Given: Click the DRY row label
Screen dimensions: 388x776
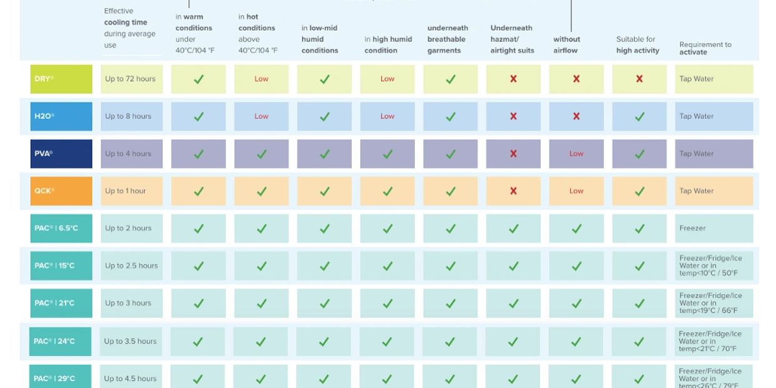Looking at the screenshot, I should (61, 79).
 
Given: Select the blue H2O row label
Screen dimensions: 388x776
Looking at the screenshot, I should (61, 116).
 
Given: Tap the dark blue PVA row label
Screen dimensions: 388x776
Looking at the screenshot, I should (61, 154).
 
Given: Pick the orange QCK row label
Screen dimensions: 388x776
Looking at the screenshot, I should (61, 191).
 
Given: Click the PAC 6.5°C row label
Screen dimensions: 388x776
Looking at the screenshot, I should (61, 228).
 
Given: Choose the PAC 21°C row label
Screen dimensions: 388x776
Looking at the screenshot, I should (61, 303).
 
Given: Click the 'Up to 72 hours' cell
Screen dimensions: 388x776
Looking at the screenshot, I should (131, 79).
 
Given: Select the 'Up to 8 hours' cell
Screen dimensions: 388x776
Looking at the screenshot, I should (131, 116).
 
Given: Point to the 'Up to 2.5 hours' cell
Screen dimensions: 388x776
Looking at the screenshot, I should (131, 265).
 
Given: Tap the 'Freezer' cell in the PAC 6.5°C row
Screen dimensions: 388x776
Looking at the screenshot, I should (713, 228).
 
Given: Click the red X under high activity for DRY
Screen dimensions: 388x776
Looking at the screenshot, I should (639, 79).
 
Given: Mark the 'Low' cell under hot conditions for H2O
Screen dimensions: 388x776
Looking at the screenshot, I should (262, 116).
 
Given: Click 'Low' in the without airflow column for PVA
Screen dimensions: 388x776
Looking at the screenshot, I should (576, 154).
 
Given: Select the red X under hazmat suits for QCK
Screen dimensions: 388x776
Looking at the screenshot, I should (513, 191).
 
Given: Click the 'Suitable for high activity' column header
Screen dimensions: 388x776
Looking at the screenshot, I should (638, 45).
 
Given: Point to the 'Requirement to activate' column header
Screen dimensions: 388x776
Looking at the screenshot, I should (705, 48).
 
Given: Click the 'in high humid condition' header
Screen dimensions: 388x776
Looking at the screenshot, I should (388, 45).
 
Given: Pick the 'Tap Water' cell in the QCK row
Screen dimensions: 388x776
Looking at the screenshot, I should (713, 191).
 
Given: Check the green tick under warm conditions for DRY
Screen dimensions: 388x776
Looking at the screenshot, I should (198, 79).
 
